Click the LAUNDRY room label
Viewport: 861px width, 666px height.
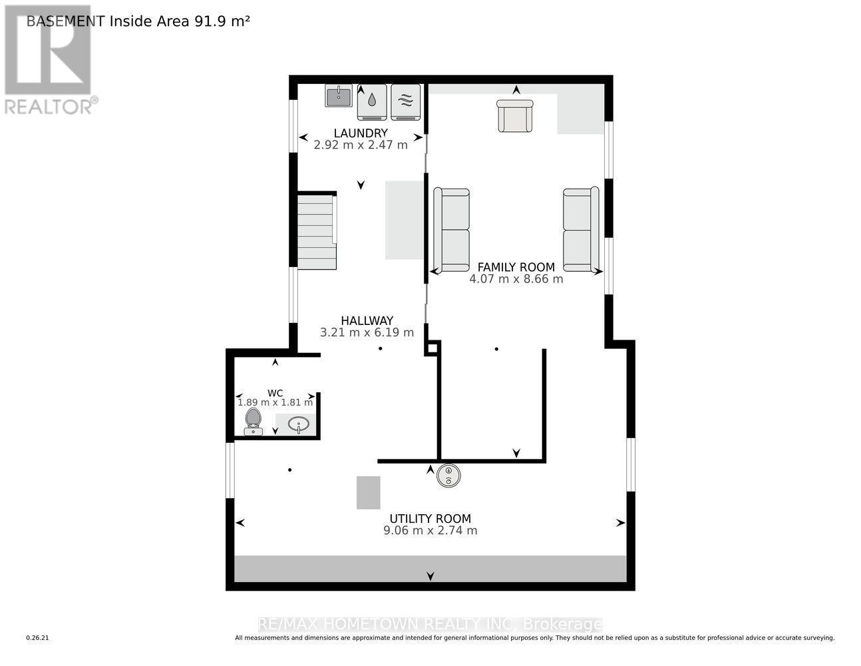pyautogui.click(x=361, y=133)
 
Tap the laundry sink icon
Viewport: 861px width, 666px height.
pyautogui.click(x=339, y=96)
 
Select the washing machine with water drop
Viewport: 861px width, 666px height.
pyautogui.click(x=372, y=101)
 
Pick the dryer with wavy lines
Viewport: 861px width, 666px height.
pyautogui.click(x=406, y=101)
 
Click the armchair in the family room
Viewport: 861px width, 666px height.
pyautogui.click(x=515, y=116)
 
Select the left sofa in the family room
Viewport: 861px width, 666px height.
pyautogui.click(x=452, y=230)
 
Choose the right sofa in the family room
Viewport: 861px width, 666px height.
pyautogui.click(x=581, y=230)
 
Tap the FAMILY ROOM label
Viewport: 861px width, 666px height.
pyautogui.click(x=516, y=267)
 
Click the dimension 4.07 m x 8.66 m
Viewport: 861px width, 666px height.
pyautogui.click(x=516, y=279)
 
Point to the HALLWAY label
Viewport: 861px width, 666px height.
pyautogui.click(x=367, y=320)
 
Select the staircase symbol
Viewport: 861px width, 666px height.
pyautogui.click(x=317, y=231)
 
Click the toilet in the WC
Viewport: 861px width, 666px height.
pyautogui.click(x=253, y=422)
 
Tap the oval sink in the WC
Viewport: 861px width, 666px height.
pyautogui.click(x=298, y=424)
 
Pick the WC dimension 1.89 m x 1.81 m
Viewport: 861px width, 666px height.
pyautogui.click(x=275, y=402)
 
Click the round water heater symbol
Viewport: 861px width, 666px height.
pyautogui.click(x=449, y=476)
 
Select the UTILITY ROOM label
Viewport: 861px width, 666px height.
pyautogui.click(x=430, y=519)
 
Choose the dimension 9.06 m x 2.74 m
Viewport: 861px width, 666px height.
pyautogui.click(x=430, y=531)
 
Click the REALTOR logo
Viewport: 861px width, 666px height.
pyautogui.click(x=49, y=60)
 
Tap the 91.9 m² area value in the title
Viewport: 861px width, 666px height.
pyautogui.click(x=222, y=21)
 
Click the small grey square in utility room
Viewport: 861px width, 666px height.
pyautogui.click(x=368, y=492)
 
